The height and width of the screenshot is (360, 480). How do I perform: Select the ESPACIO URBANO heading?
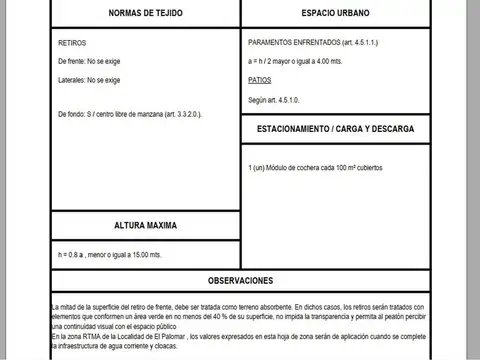click(x=335, y=14)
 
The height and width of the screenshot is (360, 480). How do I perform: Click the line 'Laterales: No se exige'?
click(x=89, y=79)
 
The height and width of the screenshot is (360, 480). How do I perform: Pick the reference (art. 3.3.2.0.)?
click(x=179, y=114)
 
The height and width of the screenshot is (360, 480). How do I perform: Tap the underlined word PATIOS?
click(x=259, y=78)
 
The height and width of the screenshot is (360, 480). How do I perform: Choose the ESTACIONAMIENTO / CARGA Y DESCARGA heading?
click(x=335, y=130)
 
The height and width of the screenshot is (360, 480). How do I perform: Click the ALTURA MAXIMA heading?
click(x=147, y=226)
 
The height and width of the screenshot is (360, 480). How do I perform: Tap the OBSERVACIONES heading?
click(x=240, y=281)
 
